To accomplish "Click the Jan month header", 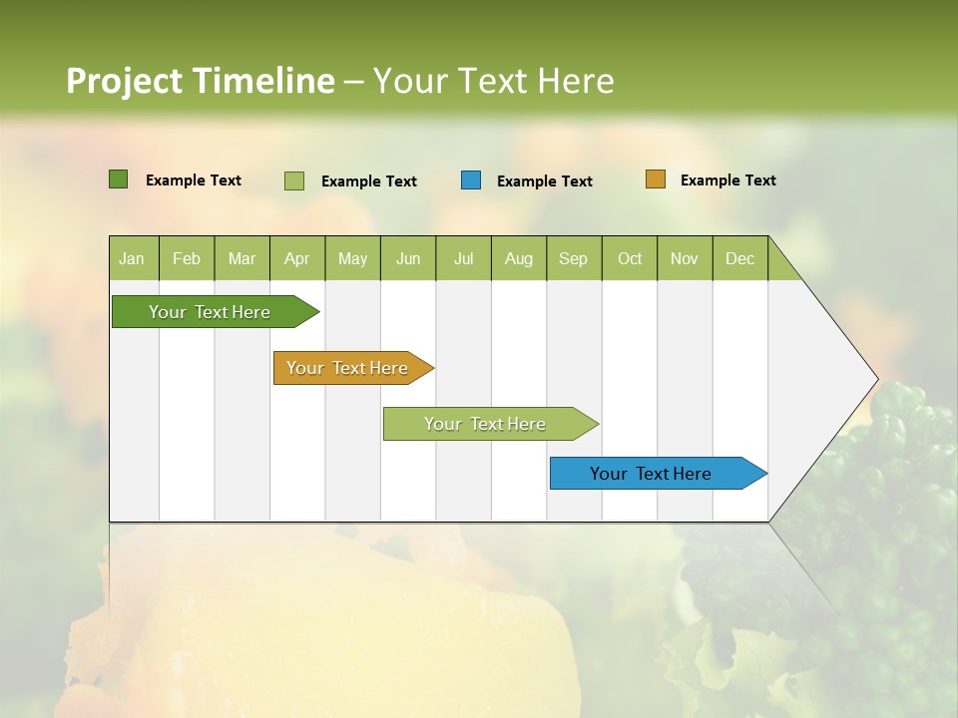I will pyautogui.click(x=132, y=258).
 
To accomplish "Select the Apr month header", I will pyautogui.click(x=296, y=258).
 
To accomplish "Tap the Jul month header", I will pyautogui.click(x=463, y=258).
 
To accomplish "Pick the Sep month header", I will pyautogui.click(x=573, y=258).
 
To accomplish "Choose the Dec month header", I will pyautogui.click(x=739, y=258).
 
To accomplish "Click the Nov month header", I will pyautogui.click(x=684, y=258).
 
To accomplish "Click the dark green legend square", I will pyautogui.click(x=118, y=179).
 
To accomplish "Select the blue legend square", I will pyautogui.click(x=471, y=180).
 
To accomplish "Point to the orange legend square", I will pyautogui.click(x=655, y=179).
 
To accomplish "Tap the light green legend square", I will pyautogui.click(x=294, y=180).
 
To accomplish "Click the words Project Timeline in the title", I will pyautogui.click(x=200, y=81).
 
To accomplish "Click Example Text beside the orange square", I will pyautogui.click(x=727, y=180).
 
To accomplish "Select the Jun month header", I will pyautogui.click(x=408, y=258).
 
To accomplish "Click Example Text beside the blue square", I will pyautogui.click(x=544, y=181).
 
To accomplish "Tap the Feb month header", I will pyautogui.click(x=187, y=258).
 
